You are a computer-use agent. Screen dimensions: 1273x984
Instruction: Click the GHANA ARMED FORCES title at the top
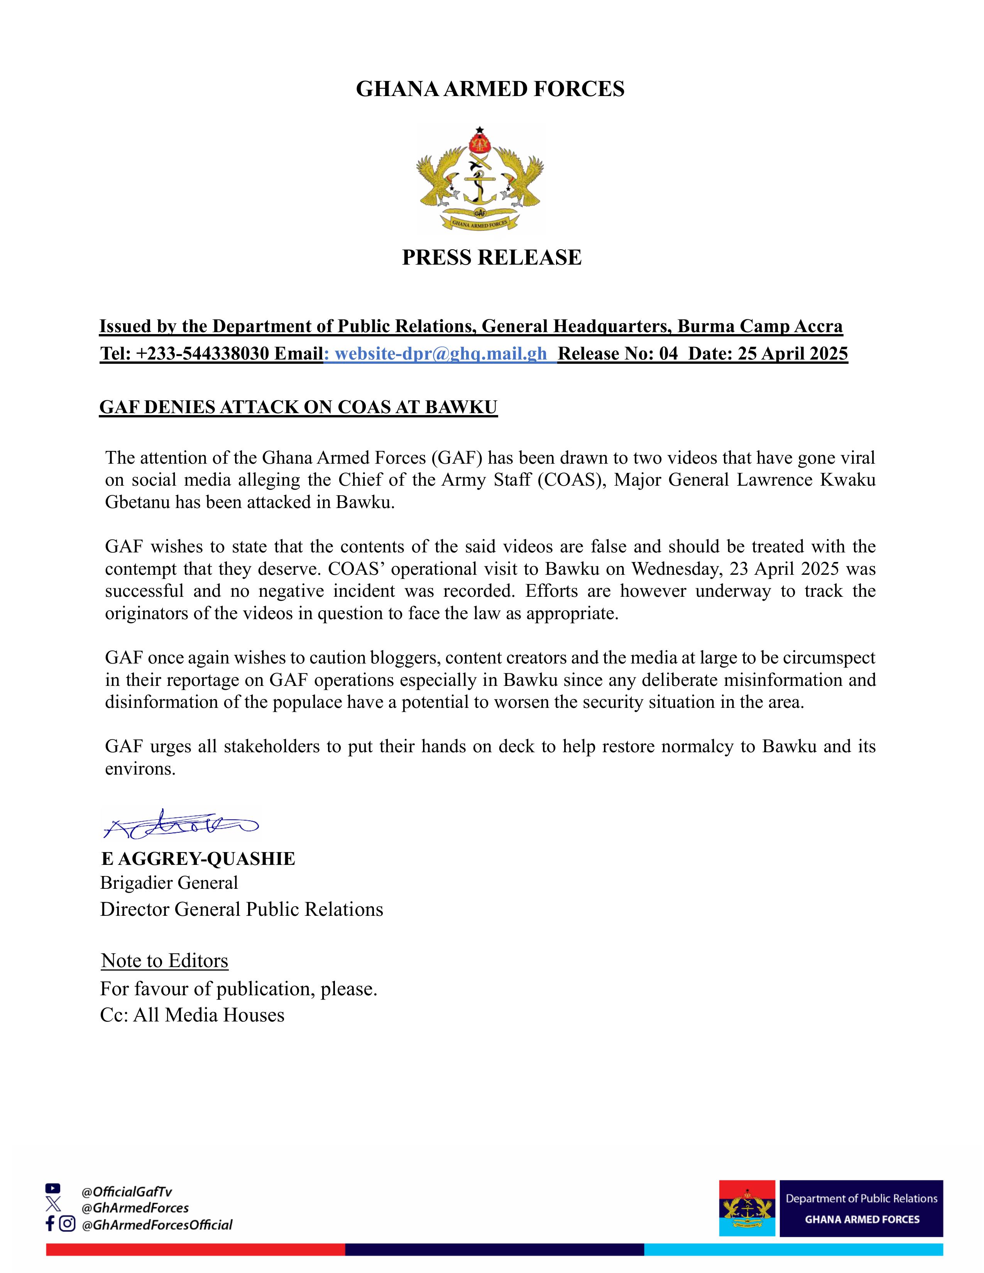pyautogui.click(x=490, y=89)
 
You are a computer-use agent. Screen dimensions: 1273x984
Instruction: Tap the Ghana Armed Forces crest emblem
pyautogui.click(x=480, y=179)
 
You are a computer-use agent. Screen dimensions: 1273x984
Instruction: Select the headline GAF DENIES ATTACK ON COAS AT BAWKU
pyautogui.click(x=298, y=407)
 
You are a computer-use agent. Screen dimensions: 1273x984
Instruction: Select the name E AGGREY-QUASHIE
pyautogui.click(x=198, y=859)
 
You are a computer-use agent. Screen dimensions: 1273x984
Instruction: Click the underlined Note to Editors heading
pyautogui.click(x=164, y=960)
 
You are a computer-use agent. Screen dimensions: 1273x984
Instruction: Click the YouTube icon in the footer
pyautogui.click(x=52, y=1188)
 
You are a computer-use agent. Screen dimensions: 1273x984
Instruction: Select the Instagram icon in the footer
pyautogui.click(x=68, y=1224)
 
